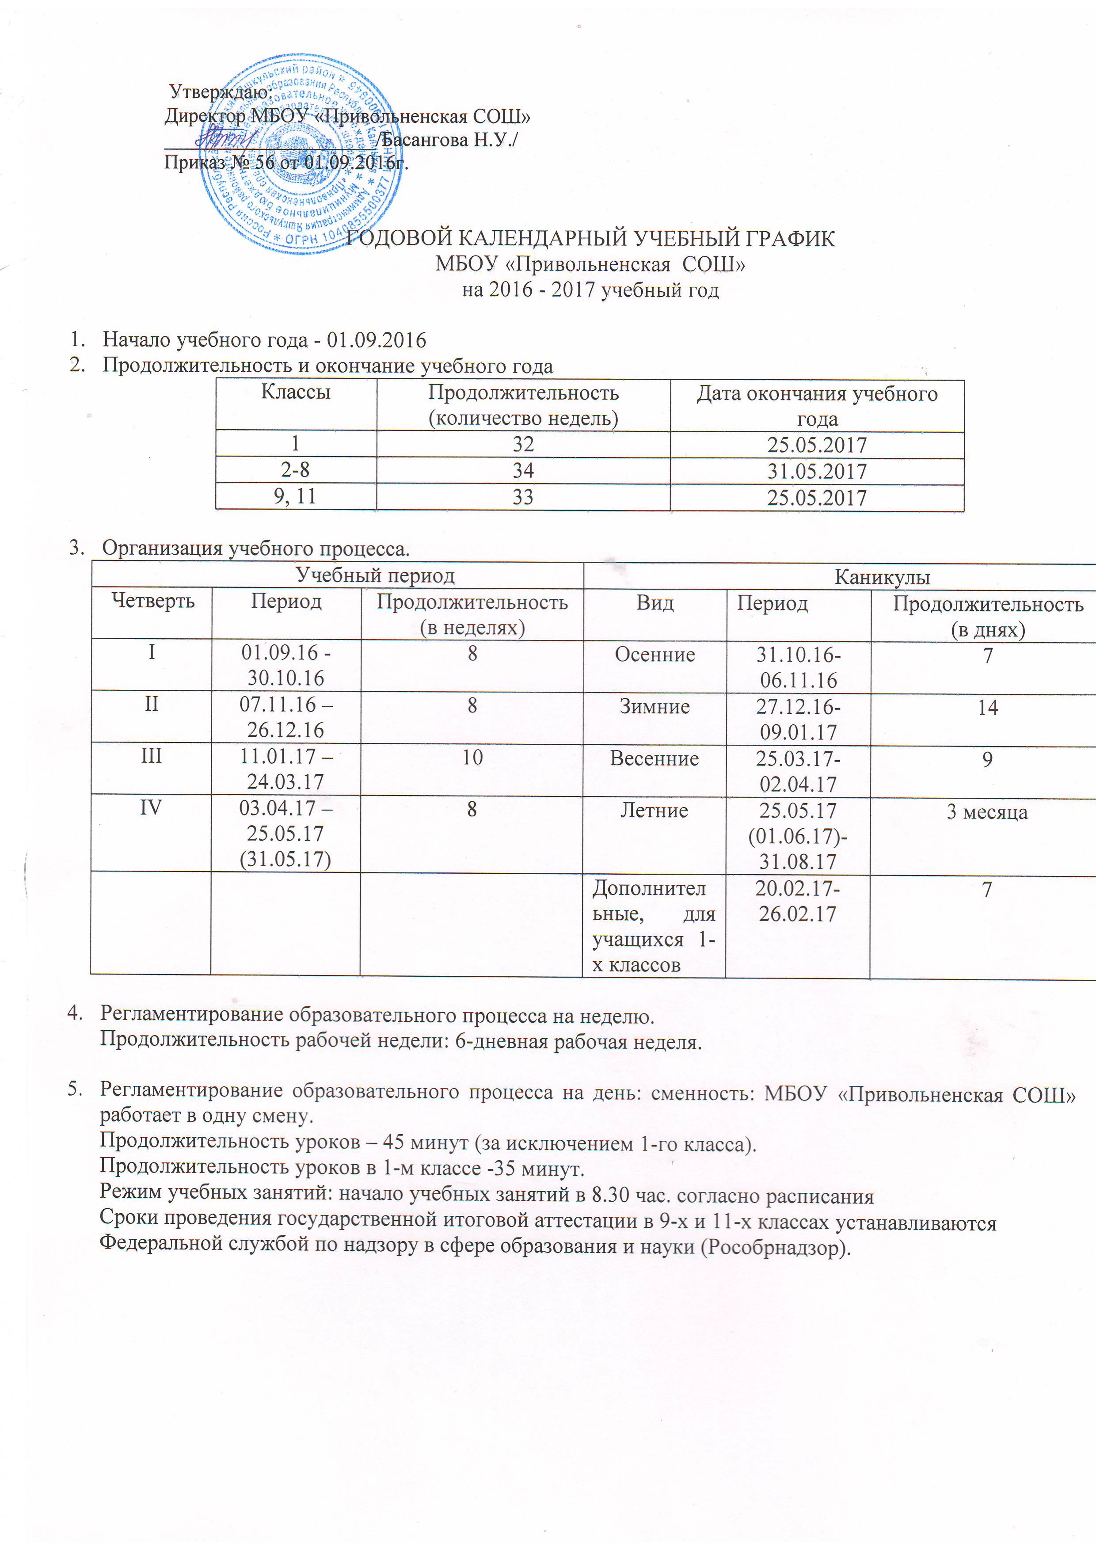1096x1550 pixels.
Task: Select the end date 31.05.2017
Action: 817,471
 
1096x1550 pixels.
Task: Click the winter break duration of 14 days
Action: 987,708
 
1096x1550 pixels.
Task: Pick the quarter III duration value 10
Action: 472,758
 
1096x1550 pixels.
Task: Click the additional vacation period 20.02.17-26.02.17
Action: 798,901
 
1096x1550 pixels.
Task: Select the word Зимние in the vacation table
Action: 655,707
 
